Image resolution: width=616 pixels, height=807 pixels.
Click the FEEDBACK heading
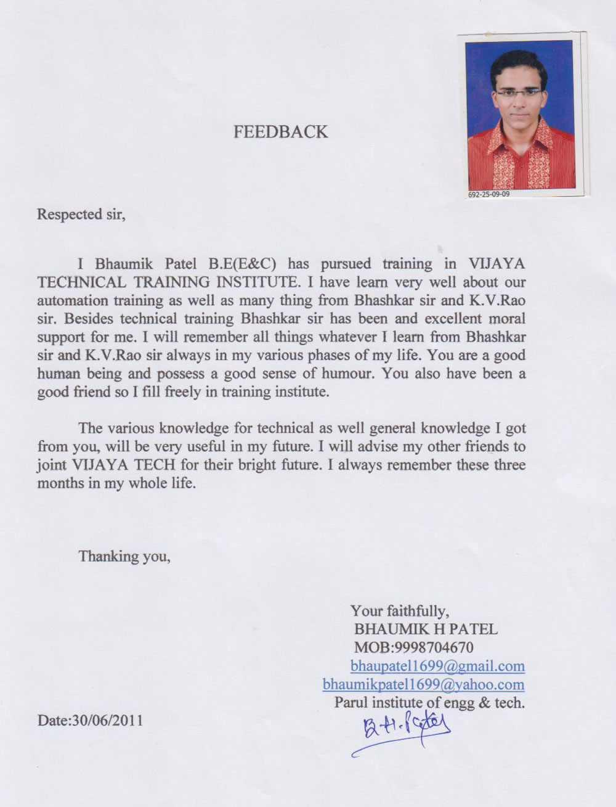point(280,132)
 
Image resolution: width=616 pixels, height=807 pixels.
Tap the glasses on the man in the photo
point(521,92)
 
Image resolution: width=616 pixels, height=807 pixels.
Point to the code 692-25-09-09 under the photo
point(489,194)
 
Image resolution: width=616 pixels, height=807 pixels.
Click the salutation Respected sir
point(81,215)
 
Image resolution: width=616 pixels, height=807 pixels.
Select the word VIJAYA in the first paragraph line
point(496,264)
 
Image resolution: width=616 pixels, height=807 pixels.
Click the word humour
point(343,374)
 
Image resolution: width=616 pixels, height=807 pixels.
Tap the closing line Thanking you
point(124,557)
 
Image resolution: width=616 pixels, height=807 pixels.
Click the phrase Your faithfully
point(399,611)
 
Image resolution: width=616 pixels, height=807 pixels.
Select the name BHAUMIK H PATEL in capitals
point(426,629)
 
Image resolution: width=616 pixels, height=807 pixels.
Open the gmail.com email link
point(437,666)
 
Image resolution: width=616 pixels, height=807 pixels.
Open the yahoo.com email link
point(423,684)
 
